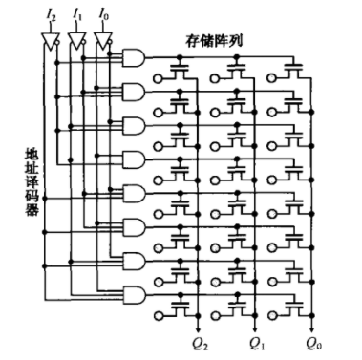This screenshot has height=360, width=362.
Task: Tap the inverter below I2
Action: click(51, 41)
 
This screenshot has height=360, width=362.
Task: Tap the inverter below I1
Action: click(78, 41)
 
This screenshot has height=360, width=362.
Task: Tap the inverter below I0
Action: click(105, 41)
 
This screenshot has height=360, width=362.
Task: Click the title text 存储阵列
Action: click(215, 43)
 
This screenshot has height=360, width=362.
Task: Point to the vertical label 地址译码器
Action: click(31, 181)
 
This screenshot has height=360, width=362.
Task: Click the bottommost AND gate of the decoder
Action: click(135, 294)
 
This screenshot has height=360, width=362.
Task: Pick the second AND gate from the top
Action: click(135, 93)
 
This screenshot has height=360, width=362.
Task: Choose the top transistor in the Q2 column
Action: click(178, 70)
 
